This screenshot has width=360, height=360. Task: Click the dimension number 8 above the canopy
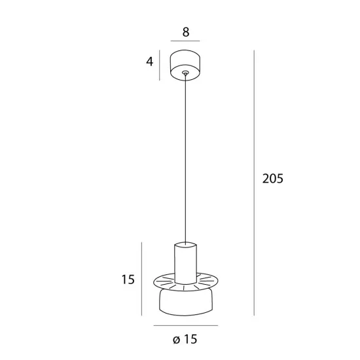click(186, 32)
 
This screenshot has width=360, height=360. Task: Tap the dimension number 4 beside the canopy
click(149, 62)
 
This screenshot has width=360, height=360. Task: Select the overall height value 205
click(273, 179)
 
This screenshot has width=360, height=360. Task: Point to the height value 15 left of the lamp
click(128, 279)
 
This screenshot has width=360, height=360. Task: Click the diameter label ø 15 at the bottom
click(185, 339)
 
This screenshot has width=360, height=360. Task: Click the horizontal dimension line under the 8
click(185, 41)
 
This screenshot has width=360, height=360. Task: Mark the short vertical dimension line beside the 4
click(160, 65)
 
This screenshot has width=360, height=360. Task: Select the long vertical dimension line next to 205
click(254, 183)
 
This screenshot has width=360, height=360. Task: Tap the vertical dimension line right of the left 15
click(141, 279)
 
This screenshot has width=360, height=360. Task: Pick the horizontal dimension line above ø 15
click(186, 325)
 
